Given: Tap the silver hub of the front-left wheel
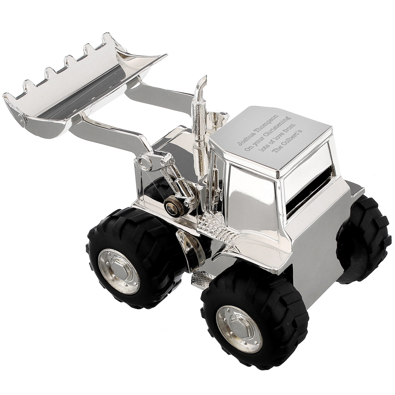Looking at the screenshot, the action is click(x=118, y=271).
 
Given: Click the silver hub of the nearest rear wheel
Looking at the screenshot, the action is click(x=239, y=327).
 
